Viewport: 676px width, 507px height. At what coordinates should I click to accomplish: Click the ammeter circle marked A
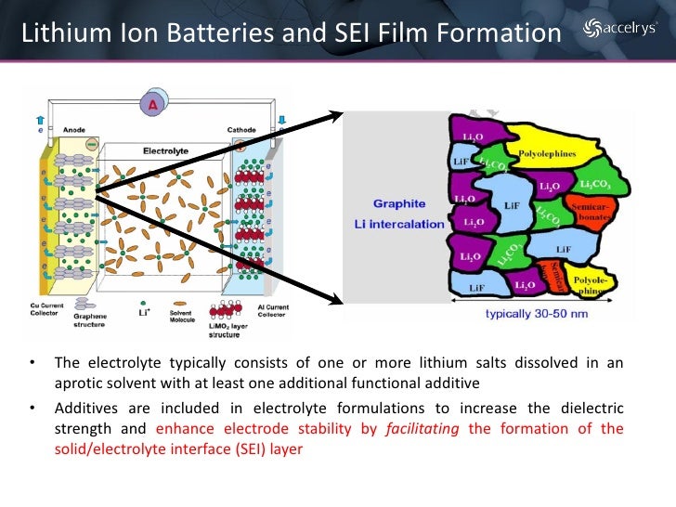152,106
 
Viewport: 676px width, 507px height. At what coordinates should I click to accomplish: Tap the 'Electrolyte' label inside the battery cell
166,149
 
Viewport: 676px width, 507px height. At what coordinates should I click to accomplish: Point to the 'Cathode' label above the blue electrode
242,130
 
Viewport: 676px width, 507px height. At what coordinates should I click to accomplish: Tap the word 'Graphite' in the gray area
399,203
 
